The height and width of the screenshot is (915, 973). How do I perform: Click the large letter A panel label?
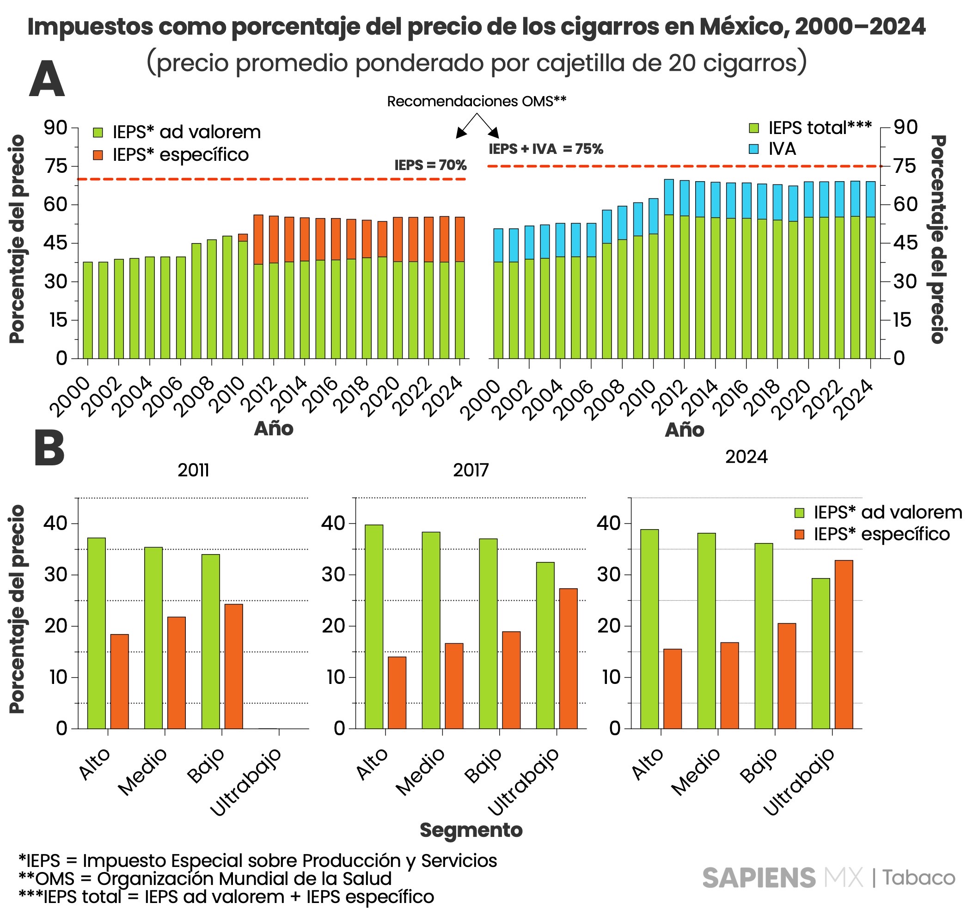[x=47, y=79]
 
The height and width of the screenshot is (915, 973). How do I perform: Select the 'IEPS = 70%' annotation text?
[x=430, y=165]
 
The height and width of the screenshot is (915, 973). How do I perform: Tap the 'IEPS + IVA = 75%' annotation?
[x=545, y=149]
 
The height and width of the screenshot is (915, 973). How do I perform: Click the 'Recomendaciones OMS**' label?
[x=476, y=101]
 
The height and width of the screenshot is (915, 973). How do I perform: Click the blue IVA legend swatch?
[x=754, y=149]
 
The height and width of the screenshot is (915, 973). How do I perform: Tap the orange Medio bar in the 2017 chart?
[x=454, y=685]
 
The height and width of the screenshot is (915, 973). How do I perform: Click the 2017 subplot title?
[x=471, y=470]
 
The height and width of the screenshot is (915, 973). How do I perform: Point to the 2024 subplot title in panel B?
[x=746, y=457]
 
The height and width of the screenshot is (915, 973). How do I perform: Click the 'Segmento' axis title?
[x=471, y=830]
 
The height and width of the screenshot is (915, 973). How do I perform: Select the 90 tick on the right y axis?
[x=905, y=127]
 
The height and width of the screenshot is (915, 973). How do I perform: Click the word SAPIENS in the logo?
[x=759, y=878]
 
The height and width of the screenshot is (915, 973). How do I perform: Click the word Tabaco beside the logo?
[x=918, y=878]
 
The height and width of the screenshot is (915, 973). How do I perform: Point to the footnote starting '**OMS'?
[x=205, y=879]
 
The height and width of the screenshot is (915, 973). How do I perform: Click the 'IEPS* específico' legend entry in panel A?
[x=181, y=155]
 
